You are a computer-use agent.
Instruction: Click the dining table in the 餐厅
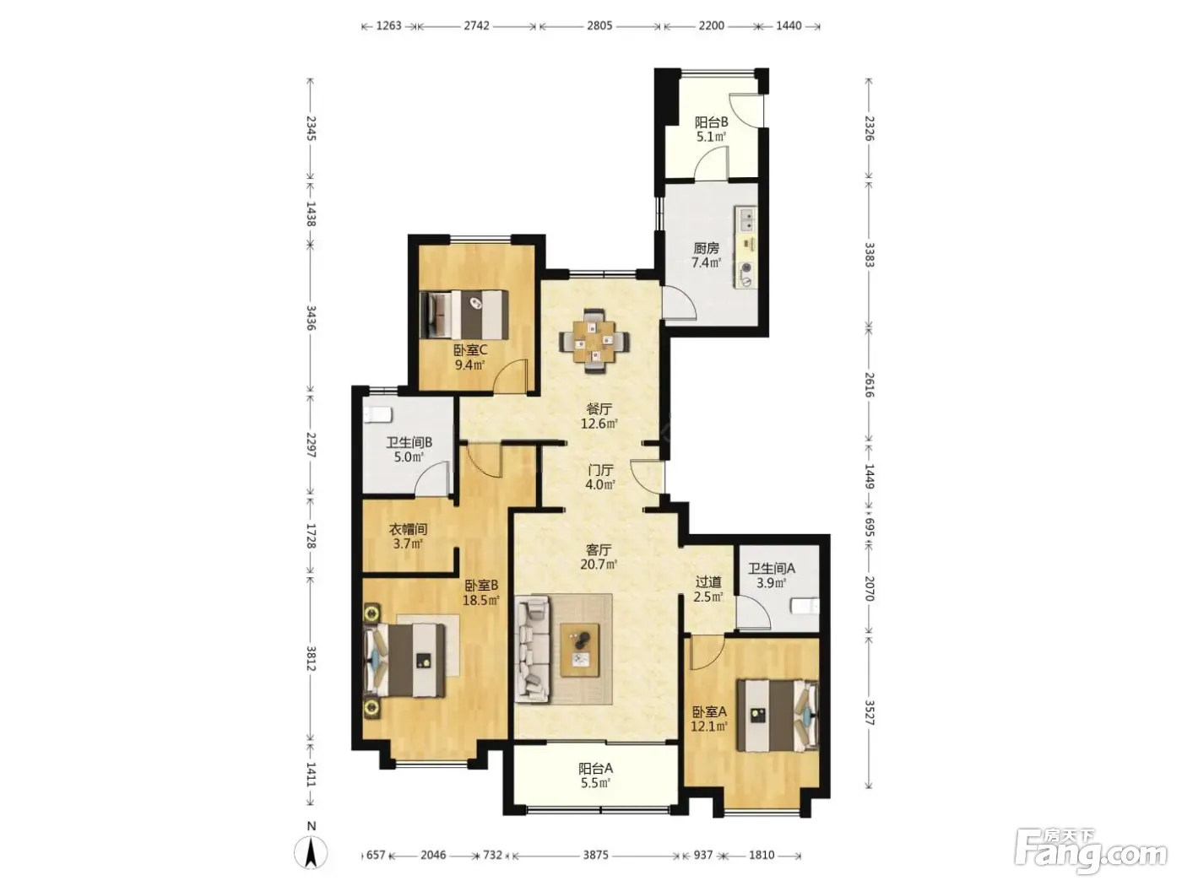point(594,341)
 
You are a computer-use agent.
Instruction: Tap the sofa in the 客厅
point(531,649)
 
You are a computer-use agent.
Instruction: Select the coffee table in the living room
point(579,650)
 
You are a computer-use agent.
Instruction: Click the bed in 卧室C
point(464,315)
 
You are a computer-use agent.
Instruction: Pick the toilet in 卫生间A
point(805,606)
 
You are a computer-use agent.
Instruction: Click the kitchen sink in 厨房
point(747,220)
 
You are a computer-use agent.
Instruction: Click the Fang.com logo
point(1091,852)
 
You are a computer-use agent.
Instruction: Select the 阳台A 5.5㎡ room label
point(595,775)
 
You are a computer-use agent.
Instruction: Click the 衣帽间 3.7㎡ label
point(408,537)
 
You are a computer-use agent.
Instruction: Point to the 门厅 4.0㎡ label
point(600,477)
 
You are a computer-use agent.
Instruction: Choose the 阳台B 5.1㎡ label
point(711,130)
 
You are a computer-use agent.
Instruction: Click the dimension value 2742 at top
point(476,26)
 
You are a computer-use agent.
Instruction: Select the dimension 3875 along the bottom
point(595,855)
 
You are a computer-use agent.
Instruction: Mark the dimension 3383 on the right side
point(869,255)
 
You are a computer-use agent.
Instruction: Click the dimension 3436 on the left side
point(311,318)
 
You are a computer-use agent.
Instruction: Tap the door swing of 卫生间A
point(753,613)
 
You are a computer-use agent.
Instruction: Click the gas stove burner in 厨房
point(747,267)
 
